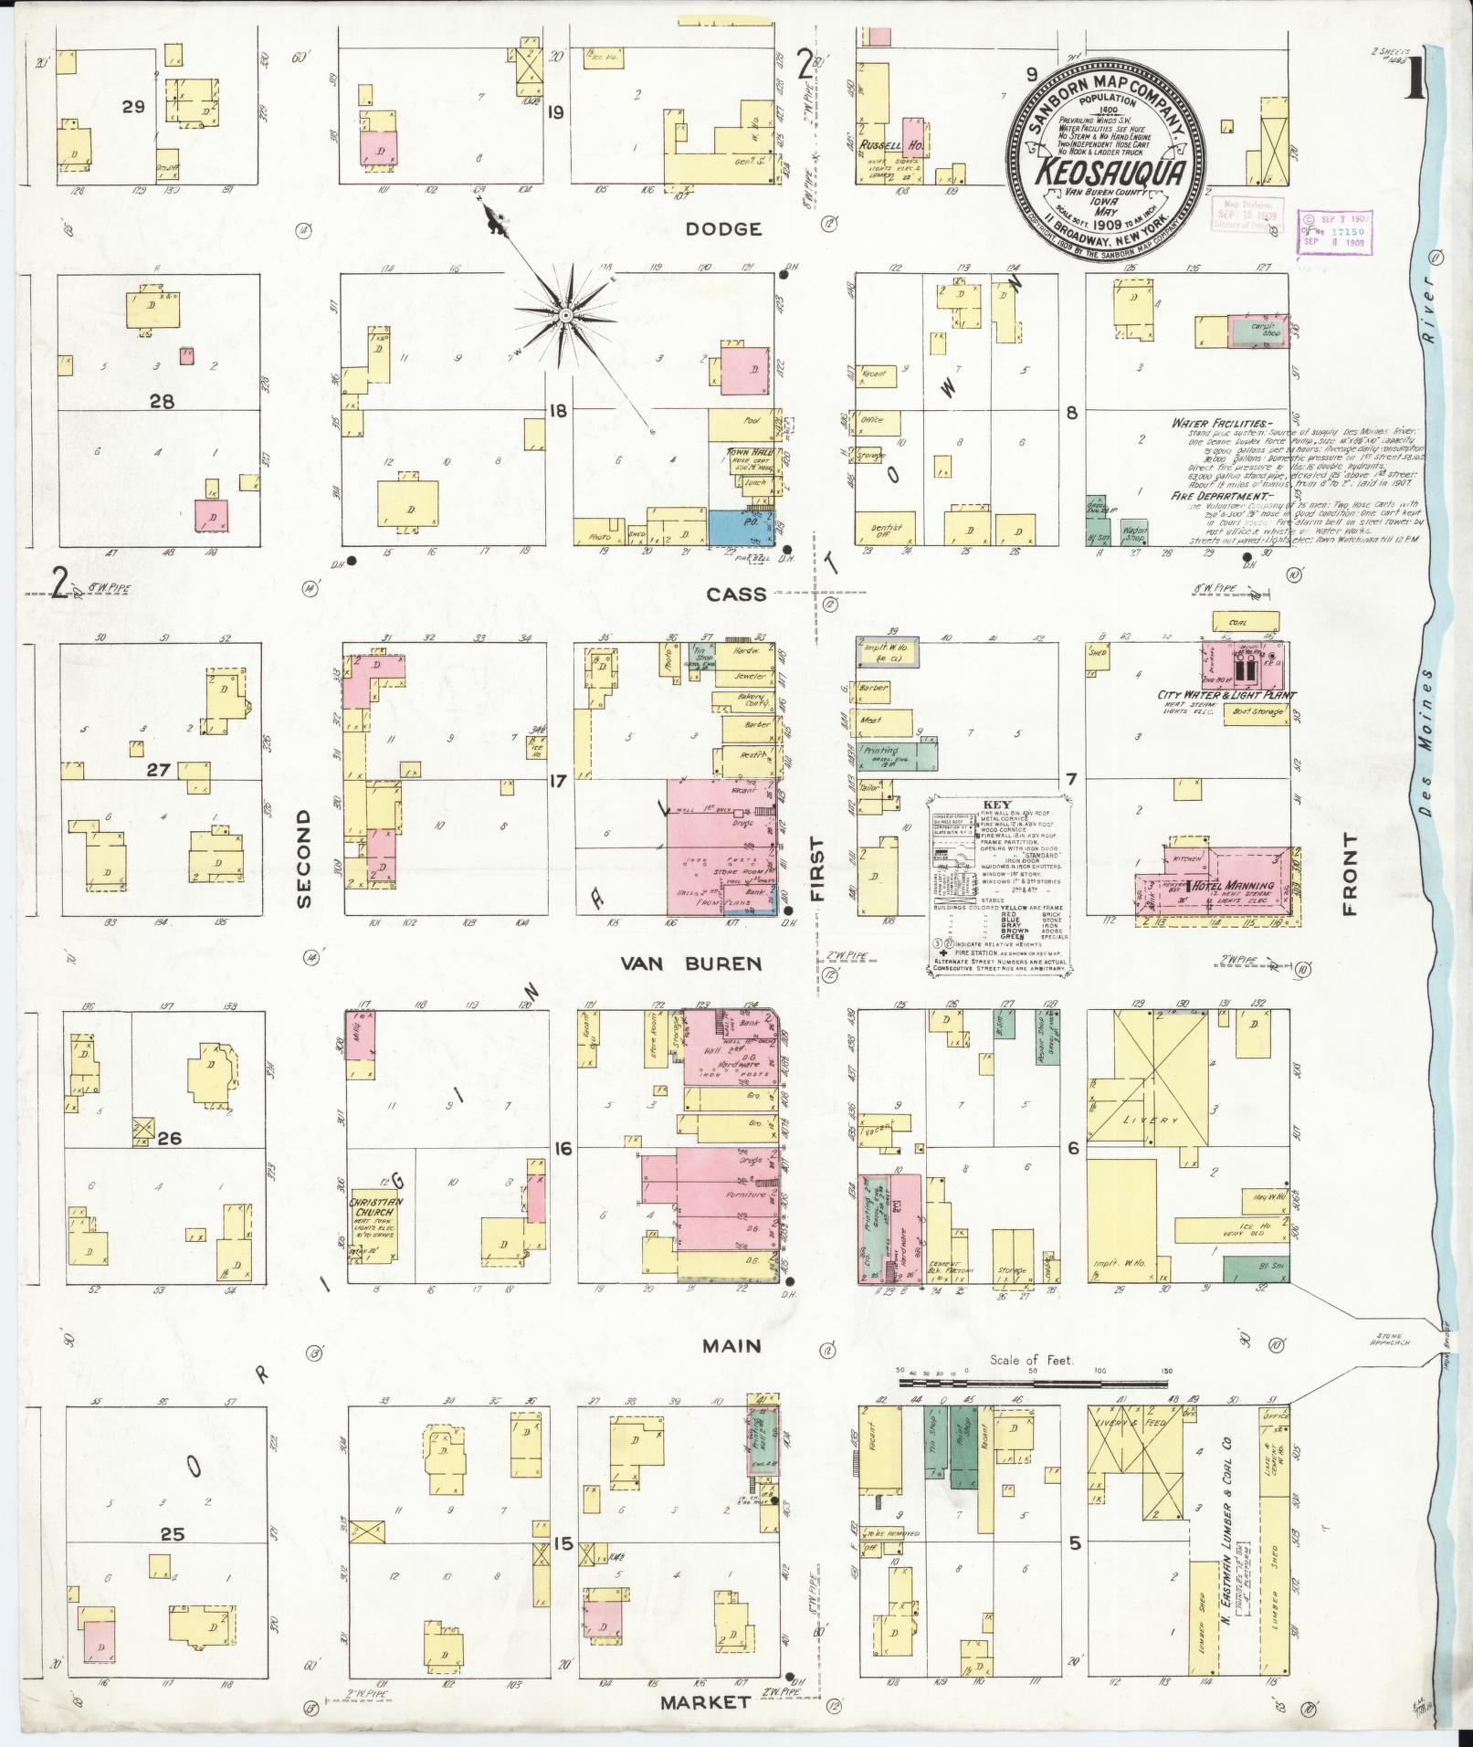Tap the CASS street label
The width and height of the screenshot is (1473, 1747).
(x=736, y=595)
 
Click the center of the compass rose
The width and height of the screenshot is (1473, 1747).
(x=564, y=314)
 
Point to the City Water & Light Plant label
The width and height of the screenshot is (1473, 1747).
(x=1226, y=696)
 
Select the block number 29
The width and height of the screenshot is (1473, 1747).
(x=134, y=107)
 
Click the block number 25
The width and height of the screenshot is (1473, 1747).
(x=173, y=1533)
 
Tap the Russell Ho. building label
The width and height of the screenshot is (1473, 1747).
(x=880, y=145)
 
